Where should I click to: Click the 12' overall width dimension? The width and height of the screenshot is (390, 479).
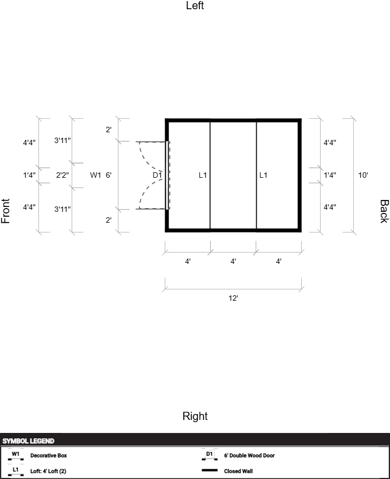pyautogui.click(x=233, y=298)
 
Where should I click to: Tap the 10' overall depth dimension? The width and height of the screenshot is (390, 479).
pyautogui.click(x=363, y=175)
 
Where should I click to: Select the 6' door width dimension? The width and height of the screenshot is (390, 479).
pyautogui.click(x=108, y=175)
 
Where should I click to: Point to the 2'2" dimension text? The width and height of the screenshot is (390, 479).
pyautogui.click(x=63, y=175)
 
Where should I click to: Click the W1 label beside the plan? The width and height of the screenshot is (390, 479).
pyautogui.click(x=95, y=175)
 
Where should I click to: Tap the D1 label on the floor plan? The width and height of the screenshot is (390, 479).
pyautogui.click(x=157, y=175)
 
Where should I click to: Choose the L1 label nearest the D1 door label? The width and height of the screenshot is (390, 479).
pyautogui.click(x=203, y=175)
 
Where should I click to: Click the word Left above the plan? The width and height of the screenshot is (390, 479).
pyautogui.click(x=195, y=5)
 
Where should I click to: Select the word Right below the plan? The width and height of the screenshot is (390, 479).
pyautogui.click(x=195, y=416)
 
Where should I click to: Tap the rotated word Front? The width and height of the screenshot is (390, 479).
pyautogui.click(x=5, y=211)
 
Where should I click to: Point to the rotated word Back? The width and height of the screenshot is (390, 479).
pyautogui.click(x=384, y=211)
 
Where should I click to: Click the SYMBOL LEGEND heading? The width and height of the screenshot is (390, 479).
pyautogui.click(x=28, y=441)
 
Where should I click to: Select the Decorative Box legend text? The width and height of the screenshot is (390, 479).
pyautogui.click(x=49, y=456)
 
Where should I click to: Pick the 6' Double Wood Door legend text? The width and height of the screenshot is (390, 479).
pyautogui.click(x=249, y=456)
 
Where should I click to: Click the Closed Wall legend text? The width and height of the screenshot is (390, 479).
pyautogui.click(x=238, y=471)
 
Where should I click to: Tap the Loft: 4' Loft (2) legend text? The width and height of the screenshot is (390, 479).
pyautogui.click(x=48, y=471)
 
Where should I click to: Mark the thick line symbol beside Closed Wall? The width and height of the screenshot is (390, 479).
pyautogui.click(x=210, y=470)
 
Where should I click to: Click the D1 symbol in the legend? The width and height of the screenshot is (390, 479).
pyautogui.click(x=210, y=455)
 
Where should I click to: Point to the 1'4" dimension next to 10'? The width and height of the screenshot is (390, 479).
pyautogui.click(x=330, y=175)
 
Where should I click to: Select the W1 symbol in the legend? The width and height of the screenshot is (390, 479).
pyautogui.click(x=16, y=455)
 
